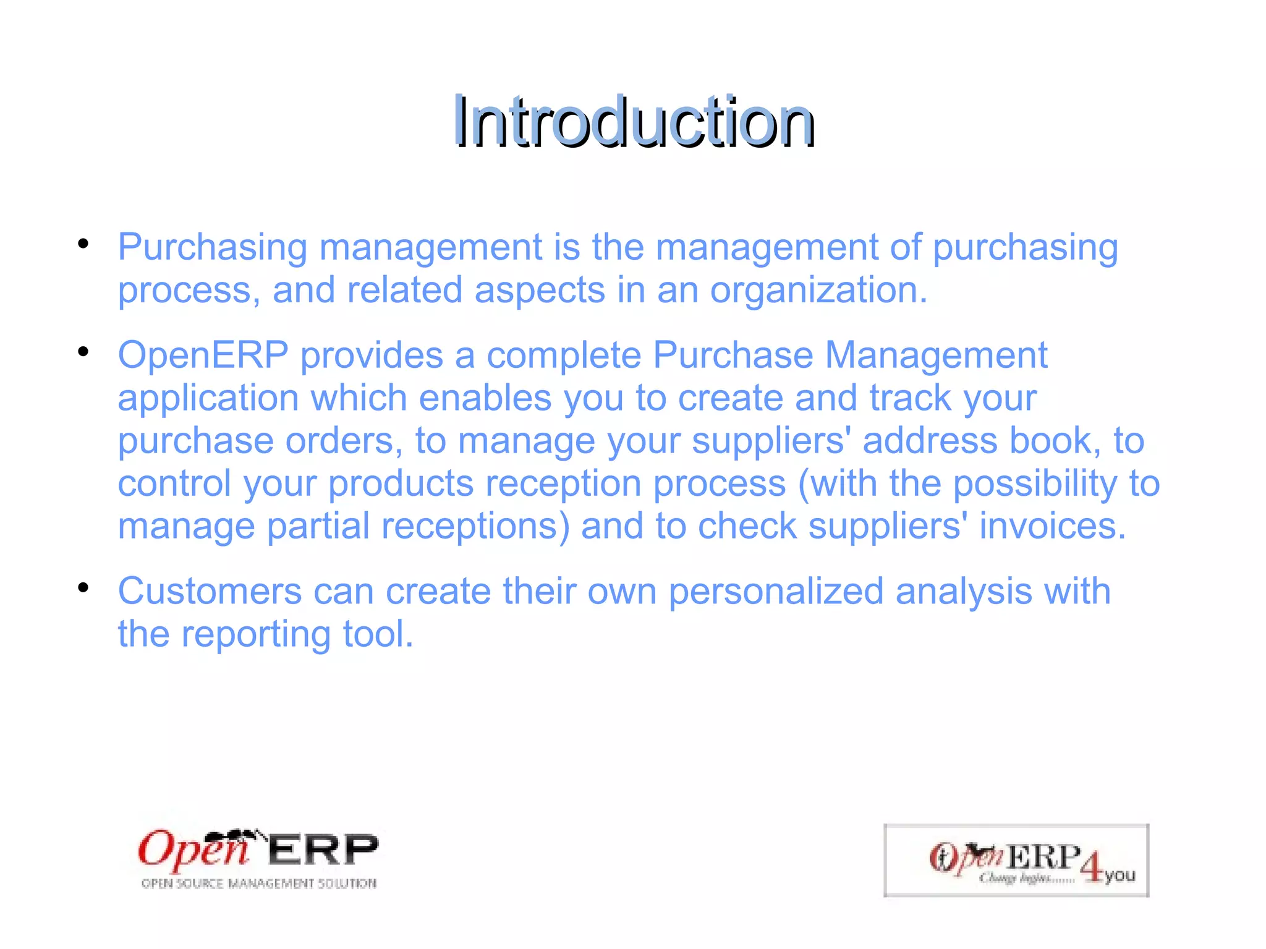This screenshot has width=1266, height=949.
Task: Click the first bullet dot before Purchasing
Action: click(83, 244)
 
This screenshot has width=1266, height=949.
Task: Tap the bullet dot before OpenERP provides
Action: click(83, 352)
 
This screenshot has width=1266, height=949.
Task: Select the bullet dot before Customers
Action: click(83, 587)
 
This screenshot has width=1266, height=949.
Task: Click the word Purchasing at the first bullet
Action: click(212, 247)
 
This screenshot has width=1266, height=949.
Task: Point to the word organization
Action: click(818, 290)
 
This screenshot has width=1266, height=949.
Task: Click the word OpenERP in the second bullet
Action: click(203, 355)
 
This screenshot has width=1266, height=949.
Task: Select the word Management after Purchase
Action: click(936, 355)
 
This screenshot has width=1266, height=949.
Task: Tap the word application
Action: click(208, 398)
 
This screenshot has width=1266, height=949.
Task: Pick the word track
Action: click(910, 398)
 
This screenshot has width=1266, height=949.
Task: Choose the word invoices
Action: click(1052, 526)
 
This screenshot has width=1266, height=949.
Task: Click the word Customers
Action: click(210, 591)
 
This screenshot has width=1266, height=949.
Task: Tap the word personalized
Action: click(776, 591)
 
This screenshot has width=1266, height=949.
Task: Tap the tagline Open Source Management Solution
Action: click(258, 883)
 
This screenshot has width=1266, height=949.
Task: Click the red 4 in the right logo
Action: click(1092, 867)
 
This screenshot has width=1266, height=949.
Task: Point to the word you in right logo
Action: click(1120, 875)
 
